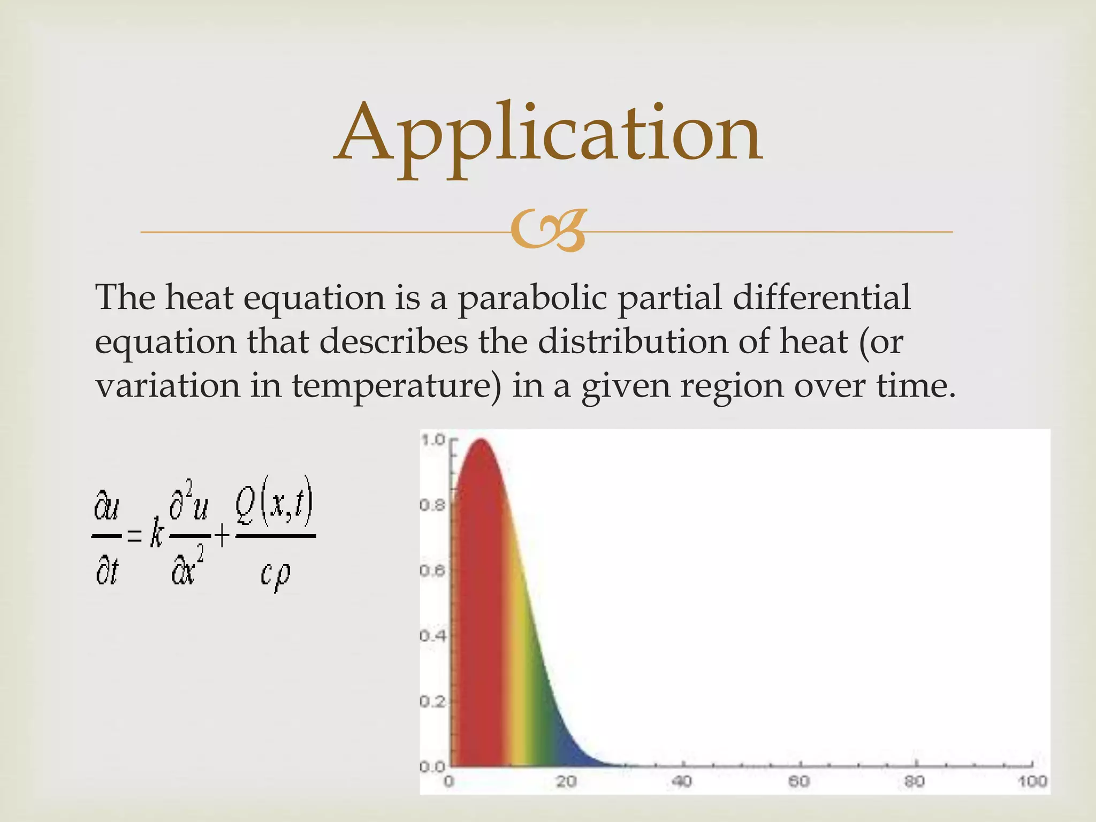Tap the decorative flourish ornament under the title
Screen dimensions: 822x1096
click(x=549, y=231)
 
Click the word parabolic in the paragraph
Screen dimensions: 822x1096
click(x=532, y=298)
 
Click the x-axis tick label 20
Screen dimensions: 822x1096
click(x=566, y=782)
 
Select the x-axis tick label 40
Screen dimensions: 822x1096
click(x=682, y=782)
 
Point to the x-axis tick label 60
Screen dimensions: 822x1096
click(x=798, y=782)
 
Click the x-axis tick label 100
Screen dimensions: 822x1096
click(x=1032, y=782)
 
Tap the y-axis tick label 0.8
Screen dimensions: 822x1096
click(x=432, y=505)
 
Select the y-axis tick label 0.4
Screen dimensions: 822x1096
click(x=432, y=636)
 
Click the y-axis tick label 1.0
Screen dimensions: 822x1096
click(x=433, y=440)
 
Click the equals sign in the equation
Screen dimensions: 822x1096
click(x=134, y=535)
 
